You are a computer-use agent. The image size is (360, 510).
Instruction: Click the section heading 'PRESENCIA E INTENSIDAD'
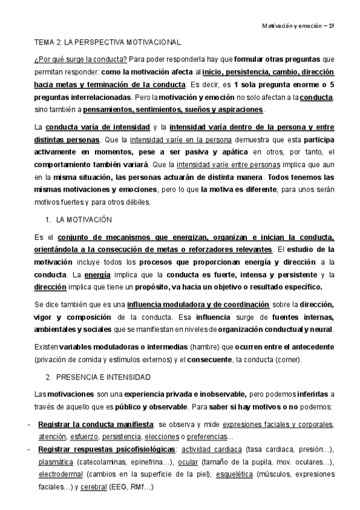(102, 377)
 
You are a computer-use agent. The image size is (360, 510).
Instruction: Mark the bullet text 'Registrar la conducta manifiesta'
(96, 425)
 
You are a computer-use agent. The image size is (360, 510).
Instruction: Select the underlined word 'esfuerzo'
(84, 436)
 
